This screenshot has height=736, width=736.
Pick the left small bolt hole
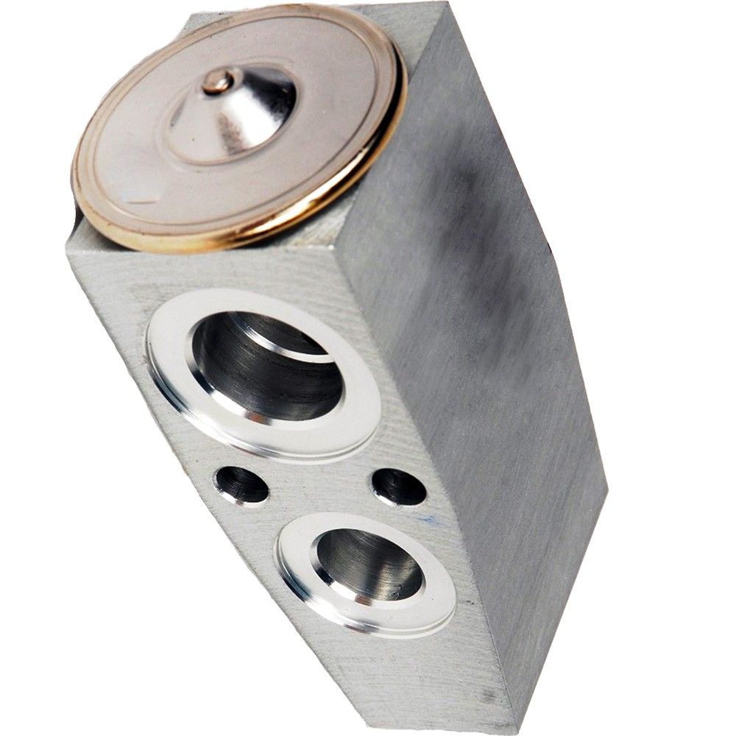pos(241,485)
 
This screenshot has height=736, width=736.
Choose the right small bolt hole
pos(398,486)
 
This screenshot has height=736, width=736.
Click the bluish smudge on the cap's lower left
pos(136,195)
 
